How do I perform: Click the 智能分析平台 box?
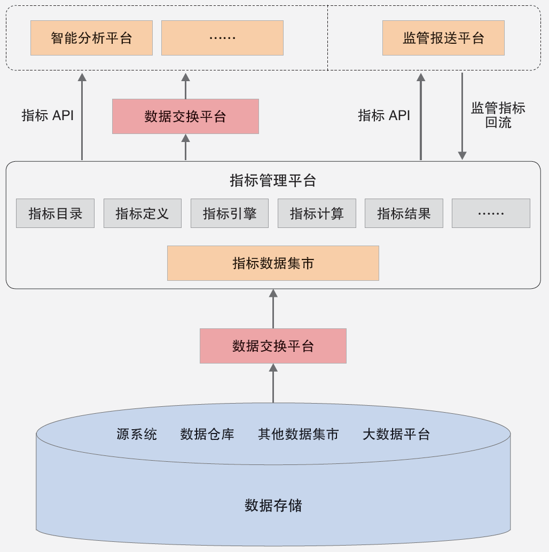coord(91,38)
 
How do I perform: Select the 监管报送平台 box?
coord(443,38)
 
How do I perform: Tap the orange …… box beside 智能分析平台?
coord(222,38)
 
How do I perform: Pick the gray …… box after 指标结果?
coord(491,214)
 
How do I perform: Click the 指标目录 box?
coord(55,214)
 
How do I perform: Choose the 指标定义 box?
coord(143,214)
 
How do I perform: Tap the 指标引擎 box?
coord(230,214)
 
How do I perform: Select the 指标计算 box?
coord(317,214)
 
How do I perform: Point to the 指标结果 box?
coord(404,214)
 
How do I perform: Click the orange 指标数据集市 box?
coord(273,263)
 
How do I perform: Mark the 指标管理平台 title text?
coord(273,180)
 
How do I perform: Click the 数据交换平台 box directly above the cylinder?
coord(273,346)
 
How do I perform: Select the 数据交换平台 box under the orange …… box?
coord(185,116)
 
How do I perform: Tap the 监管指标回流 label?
coord(498,115)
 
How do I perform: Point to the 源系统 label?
coord(137,434)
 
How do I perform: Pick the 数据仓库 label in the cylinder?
coord(207,434)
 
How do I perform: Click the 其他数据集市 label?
coord(298,434)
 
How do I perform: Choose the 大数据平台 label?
coord(396,434)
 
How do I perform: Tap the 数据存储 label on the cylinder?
coord(273,505)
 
